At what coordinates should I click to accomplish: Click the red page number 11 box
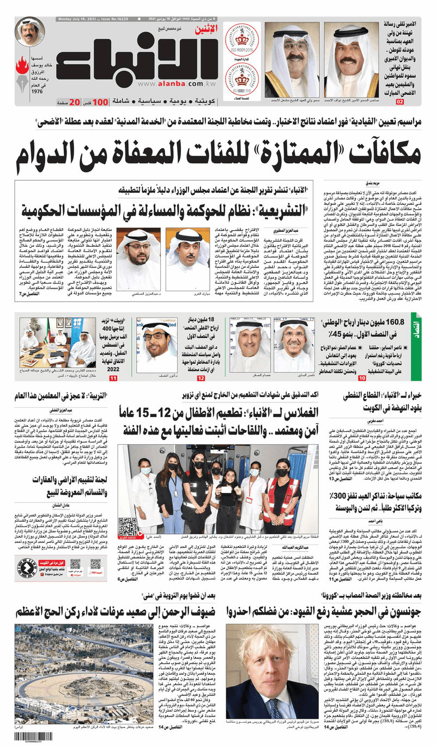[x=113, y=378]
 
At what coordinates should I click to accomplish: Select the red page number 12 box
[x=201, y=378]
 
